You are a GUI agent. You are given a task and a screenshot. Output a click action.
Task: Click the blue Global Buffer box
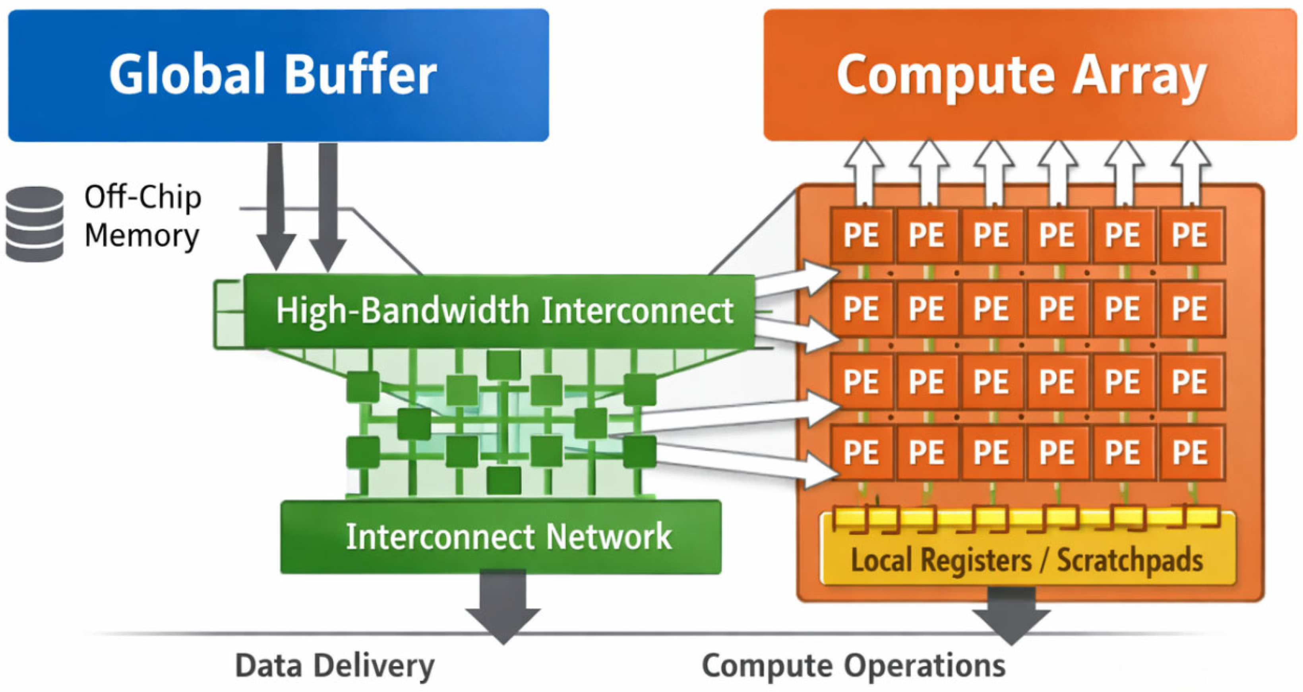[x=278, y=75]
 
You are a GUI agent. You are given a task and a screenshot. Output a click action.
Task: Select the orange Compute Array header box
[x=1030, y=75]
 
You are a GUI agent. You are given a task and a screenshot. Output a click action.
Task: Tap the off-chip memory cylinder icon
[x=35, y=224]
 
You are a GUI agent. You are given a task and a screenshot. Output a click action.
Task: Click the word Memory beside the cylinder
[x=142, y=236]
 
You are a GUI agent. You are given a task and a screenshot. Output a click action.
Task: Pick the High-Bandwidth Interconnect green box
[x=499, y=310]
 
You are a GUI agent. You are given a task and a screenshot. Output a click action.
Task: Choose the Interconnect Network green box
[x=501, y=537]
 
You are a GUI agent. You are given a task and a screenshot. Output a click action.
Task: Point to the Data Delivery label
[x=335, y=666]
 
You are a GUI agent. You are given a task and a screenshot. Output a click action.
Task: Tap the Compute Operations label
[x=854, y=666]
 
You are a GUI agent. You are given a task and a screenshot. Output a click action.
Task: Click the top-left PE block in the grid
[x=861, y=235]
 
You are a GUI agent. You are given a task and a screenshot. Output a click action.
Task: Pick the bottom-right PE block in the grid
[x=1192, y=452]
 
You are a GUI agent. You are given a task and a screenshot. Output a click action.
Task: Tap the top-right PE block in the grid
[x=1192, y=235]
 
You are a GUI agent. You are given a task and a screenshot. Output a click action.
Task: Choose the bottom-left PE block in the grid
[x=861, y=452]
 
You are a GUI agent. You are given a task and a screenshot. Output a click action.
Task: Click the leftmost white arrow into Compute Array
[x=864, y=172]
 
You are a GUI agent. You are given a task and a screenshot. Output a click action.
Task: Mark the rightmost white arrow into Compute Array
[x=1191, y=172]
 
